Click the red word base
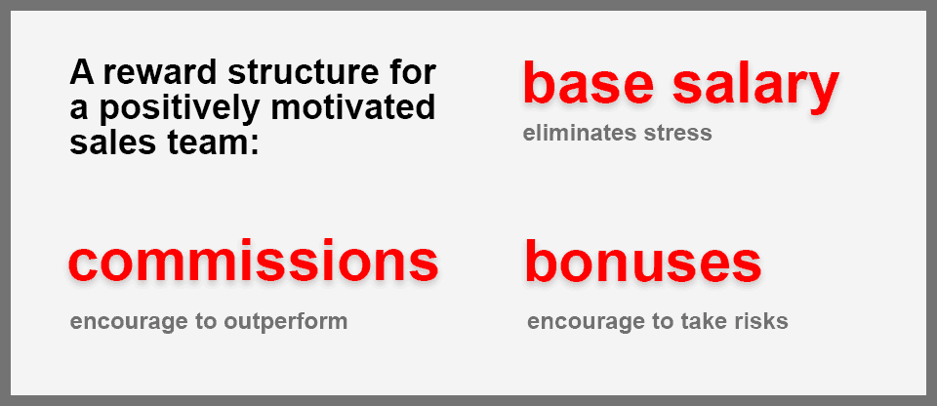click(588, 84)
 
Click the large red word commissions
click(254, 262)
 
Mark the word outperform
click(286, 322)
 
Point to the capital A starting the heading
click(81, 73)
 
